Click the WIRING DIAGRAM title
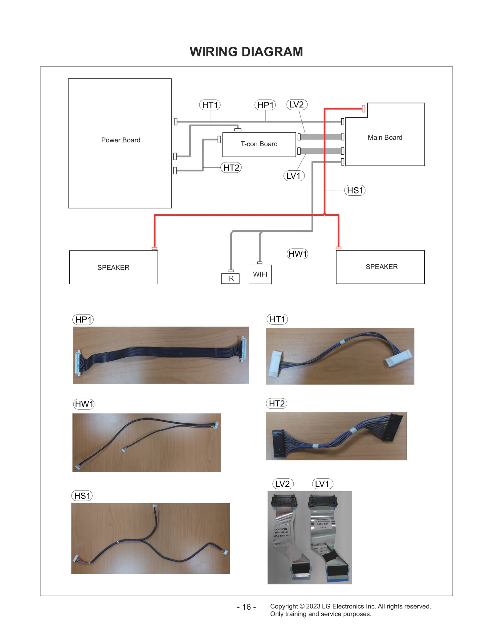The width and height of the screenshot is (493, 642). tap(246, 52)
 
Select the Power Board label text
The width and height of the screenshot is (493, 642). tap(120, 140)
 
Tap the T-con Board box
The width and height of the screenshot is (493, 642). tap(259, 144)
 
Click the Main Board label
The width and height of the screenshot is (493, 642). tap(385, 137)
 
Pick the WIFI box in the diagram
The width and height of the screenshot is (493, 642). tap(260, 274)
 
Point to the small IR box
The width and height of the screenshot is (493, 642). tap(230, 278)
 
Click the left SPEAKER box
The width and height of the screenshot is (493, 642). tap(113, 267)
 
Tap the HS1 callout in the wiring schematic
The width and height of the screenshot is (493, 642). tap(355, 190)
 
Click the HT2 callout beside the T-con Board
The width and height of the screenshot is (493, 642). tap(231, 168)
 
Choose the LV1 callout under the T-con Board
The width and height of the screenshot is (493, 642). tap(293, 176)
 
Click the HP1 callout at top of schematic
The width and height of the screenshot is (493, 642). tap(265, 105)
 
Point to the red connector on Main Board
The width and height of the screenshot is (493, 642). tap(363, 108)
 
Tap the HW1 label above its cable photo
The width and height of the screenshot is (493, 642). tap(84, 404)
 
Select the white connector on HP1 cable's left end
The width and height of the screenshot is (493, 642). tap(78, 363)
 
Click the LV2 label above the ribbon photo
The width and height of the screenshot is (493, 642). tap(283, 484)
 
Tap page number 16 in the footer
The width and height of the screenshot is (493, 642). tap(246, 607)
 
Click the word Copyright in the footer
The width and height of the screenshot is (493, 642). tap(284, 606)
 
